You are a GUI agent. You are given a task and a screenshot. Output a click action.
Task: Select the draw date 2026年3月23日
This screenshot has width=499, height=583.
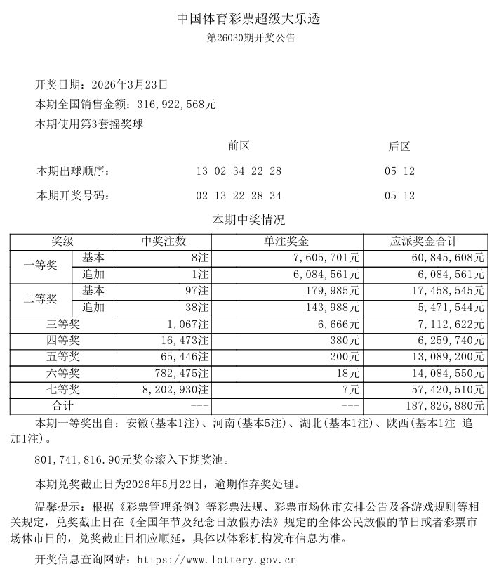(x=129, y=85)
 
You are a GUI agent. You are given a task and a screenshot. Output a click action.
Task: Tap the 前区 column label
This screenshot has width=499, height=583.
(x=239, y=146)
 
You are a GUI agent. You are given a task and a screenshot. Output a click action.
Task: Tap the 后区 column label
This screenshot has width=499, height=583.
(x=399, y=146)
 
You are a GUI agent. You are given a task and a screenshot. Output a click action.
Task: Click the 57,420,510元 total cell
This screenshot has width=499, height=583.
(x=449, y=390)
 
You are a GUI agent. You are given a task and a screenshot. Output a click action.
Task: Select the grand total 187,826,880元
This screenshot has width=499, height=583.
(x=446, y=406)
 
